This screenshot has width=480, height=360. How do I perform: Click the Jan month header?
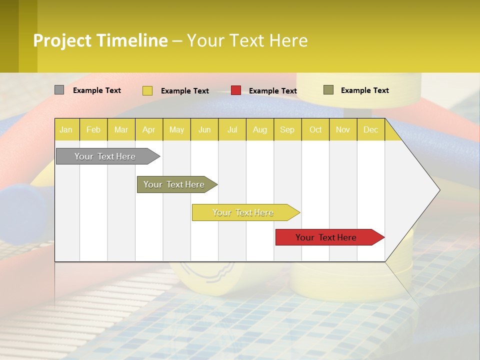(66, 129)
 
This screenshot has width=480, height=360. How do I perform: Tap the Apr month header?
(148, 129)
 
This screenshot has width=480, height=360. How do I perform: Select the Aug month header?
(259, 129)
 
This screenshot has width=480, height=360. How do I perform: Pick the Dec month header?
(370, 129)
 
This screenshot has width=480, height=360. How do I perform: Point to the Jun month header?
(204, 129)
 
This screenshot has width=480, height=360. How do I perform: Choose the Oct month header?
(315, 129)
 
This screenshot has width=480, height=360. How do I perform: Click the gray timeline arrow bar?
(105, 156)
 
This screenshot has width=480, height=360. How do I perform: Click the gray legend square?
(59, 90)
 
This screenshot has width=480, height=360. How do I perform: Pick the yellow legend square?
(147, 90)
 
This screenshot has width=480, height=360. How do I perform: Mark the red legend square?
(236, 90)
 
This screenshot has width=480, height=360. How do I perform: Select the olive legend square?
(328, 90)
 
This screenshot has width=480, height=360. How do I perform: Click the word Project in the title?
(62, 40)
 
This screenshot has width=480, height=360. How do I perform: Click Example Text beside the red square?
(272, 90)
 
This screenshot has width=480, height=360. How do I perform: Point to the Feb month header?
(93, 129)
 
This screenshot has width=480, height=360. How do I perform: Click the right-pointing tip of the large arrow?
(438, 190)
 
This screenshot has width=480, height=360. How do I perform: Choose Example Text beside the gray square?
(97, 90)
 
